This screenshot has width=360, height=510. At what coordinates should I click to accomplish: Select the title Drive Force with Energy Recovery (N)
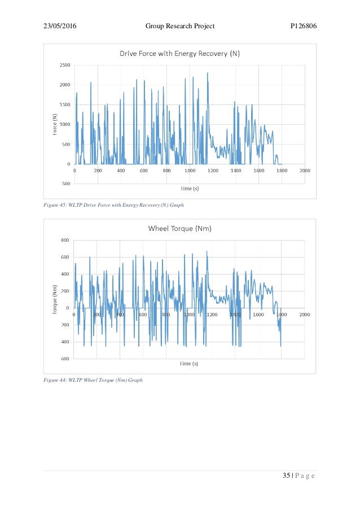point(179,54)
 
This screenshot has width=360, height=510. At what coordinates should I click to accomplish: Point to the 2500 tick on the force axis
point(65,65)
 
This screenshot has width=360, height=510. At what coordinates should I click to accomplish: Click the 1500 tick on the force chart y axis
point(65,104)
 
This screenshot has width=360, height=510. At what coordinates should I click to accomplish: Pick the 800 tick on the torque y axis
point(66,240)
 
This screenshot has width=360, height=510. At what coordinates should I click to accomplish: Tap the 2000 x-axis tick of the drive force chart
point(305,170)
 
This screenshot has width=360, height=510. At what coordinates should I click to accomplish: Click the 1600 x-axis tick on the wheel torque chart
point(258,314)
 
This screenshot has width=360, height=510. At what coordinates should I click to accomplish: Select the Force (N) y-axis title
point(55,124)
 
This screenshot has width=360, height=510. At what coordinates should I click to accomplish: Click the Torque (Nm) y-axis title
point(55,299)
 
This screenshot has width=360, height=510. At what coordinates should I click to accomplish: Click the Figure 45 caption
point(114,205)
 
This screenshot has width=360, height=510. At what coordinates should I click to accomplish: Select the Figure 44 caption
point(93,380)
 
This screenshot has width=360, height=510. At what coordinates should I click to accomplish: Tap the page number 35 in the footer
point(286,476)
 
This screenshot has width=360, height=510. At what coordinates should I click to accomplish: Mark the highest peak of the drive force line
point(207,73)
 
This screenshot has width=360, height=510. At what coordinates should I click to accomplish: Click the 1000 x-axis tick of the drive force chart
point(190,170)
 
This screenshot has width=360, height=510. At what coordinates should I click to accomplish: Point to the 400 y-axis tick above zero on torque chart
point(66,274)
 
